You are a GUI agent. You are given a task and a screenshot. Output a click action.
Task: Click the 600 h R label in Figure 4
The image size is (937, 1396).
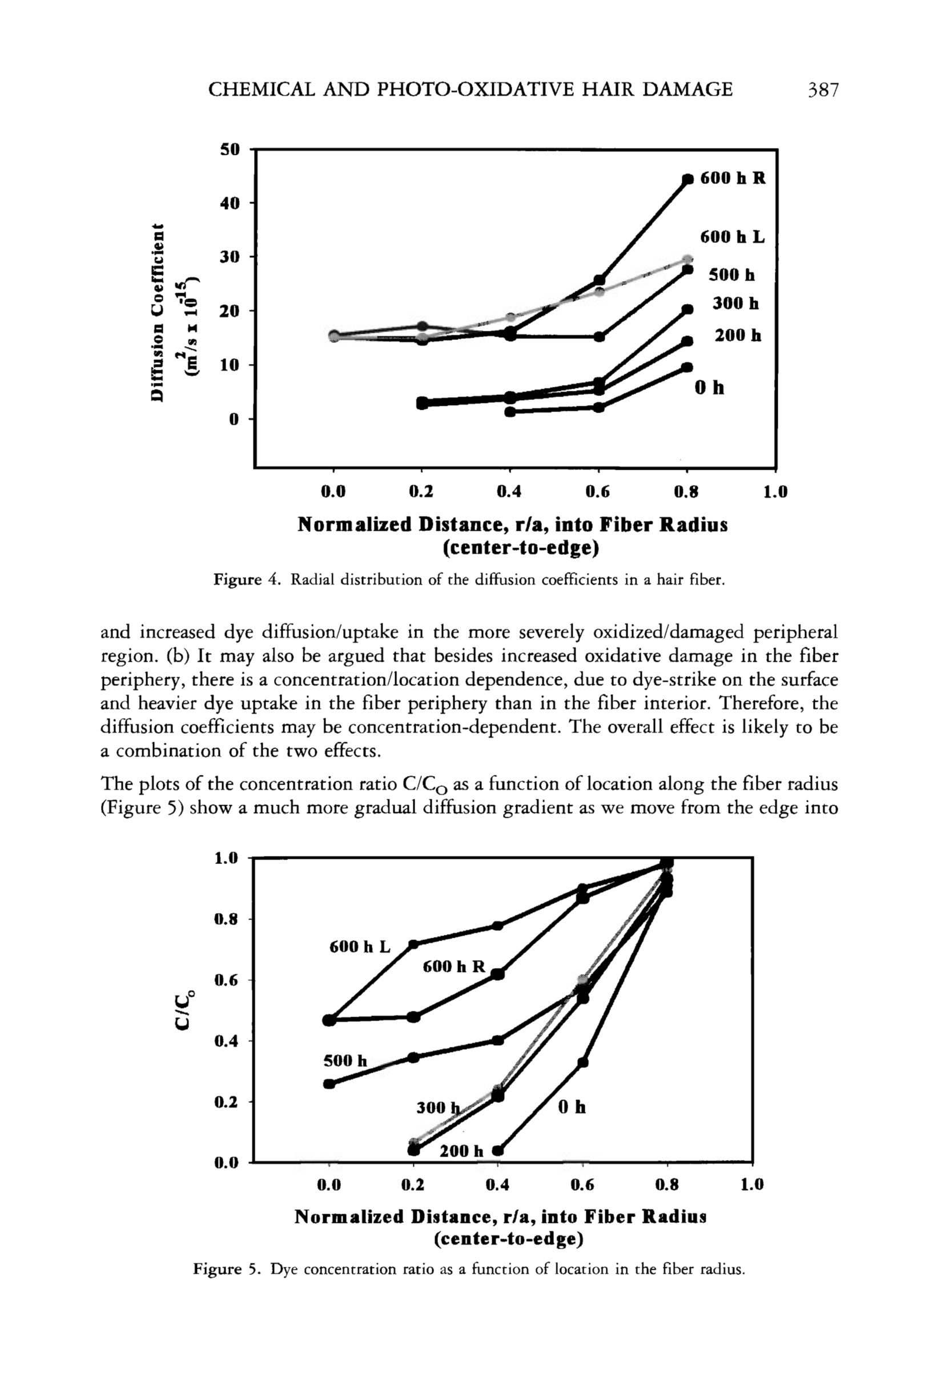click(732, 179)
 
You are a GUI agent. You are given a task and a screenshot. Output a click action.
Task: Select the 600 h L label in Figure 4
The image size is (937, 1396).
click(732, 237)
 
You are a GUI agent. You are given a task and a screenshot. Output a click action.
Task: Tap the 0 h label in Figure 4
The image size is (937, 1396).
click(709, 388)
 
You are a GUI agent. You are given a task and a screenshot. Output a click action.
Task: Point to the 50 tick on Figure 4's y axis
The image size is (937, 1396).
click(230, 150)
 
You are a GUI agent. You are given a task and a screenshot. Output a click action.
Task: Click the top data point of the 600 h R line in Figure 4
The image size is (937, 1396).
click(688, 179)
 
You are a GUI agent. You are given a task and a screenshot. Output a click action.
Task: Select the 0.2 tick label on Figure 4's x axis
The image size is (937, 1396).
click(421, 492)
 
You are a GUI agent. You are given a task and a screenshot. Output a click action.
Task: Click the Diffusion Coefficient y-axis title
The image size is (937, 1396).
click(157, 311)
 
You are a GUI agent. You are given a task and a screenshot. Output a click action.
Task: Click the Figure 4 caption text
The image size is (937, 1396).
click(469, 579)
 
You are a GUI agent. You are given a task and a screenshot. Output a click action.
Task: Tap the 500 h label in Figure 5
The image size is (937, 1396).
click(345, 1061)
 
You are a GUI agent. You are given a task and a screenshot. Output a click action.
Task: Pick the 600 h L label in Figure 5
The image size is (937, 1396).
click(360, 946)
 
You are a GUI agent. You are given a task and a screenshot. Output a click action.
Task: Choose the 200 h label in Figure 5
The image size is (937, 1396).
click(461, 1151)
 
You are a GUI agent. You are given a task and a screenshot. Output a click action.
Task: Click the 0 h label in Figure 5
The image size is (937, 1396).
click(572, 1107)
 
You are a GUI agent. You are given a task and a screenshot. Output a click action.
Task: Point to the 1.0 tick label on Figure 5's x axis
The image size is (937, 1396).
click(752, 1185)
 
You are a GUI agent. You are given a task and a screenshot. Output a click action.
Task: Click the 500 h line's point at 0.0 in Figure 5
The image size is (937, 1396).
click(329, 1084)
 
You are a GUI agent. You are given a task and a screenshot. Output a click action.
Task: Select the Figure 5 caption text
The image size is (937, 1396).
click(469, 1269)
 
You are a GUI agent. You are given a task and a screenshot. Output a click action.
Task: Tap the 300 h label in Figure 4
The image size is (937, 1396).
click(735, 303)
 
